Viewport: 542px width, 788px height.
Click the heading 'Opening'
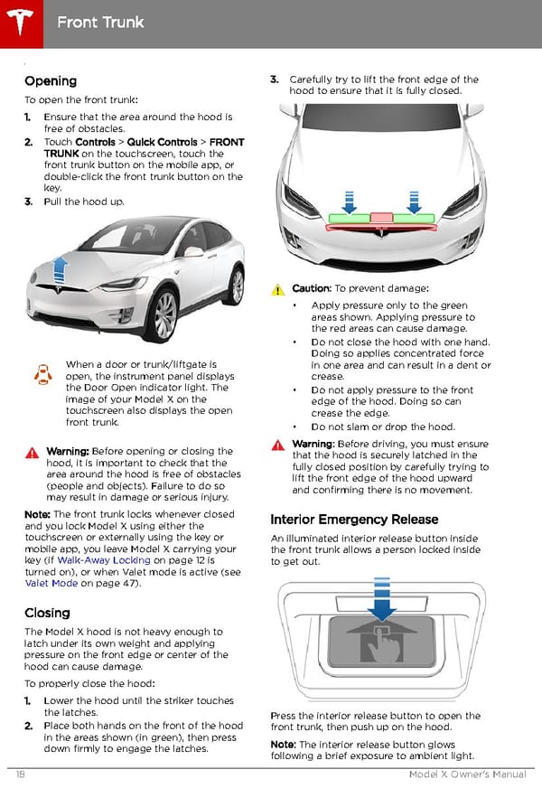(51, 80)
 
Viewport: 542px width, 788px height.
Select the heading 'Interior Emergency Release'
(354, 520)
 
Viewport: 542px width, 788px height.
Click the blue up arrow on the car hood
(61, 268)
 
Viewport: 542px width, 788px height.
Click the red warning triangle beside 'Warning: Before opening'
(33, 452)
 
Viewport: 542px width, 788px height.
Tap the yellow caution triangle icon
(279, 290)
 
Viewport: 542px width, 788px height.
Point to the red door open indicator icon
(42, 375)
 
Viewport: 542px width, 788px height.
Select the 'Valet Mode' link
(51, 583)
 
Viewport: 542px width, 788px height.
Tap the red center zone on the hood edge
(381, 218)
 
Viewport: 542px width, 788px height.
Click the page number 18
(20, 774)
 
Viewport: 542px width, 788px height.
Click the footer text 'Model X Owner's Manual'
(467, 774)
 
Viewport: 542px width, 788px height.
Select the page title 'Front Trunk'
(99, 21)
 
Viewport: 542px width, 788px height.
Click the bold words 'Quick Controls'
(164, 142)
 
